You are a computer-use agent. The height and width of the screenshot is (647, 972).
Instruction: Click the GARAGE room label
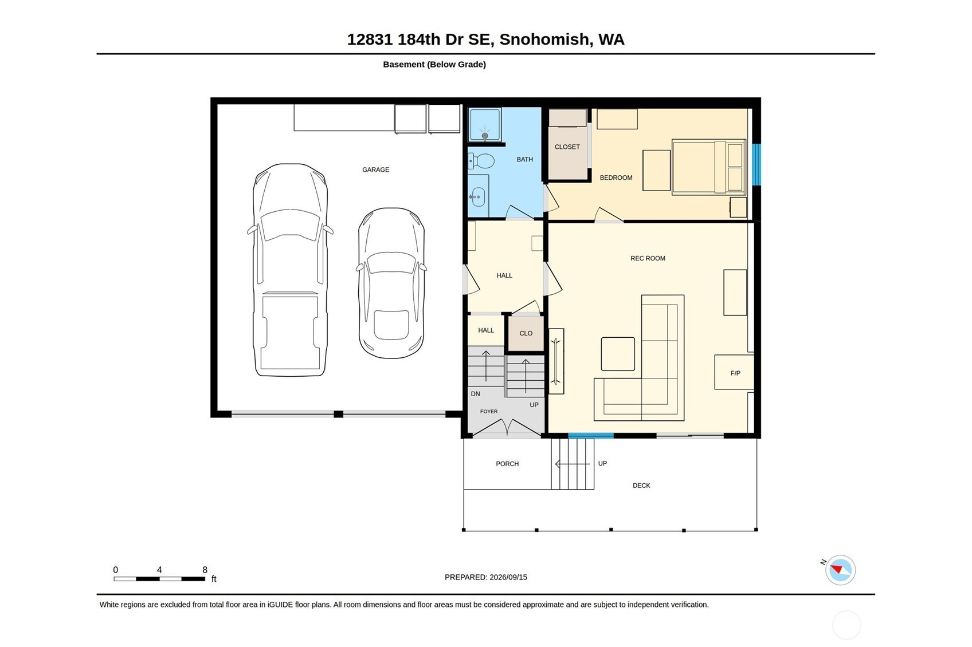[375, 169]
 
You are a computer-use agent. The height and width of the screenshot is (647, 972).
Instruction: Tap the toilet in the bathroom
[481, 161]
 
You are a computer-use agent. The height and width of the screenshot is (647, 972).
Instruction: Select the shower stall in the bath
[485, 124]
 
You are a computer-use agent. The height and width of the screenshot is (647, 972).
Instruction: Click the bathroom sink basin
[478, 197]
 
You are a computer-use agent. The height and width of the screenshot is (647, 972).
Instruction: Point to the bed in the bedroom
[708, 167]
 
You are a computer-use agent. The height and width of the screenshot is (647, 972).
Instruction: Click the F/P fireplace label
[735, 373]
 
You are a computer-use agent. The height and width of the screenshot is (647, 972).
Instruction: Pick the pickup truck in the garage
[290, 270]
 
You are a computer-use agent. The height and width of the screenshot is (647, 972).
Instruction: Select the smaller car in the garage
[391, 283]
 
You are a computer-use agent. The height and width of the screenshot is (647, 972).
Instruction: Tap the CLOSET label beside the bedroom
[567, 147]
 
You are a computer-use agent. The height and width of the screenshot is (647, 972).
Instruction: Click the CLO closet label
[526, 333]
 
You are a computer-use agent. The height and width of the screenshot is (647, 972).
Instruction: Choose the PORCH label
[507, 464]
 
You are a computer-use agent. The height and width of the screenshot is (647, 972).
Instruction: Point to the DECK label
[641, 486]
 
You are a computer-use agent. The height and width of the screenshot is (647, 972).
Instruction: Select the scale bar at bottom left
[159, 579]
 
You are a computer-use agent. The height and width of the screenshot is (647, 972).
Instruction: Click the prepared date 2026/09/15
[508, 577]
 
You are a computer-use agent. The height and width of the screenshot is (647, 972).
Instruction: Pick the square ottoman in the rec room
[617, 354]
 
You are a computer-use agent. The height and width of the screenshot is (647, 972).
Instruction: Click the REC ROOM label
[648, 258]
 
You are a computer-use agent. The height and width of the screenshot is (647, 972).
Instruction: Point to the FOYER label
[489, 412]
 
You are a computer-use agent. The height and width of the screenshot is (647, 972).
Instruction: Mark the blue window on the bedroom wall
[757, 164]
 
